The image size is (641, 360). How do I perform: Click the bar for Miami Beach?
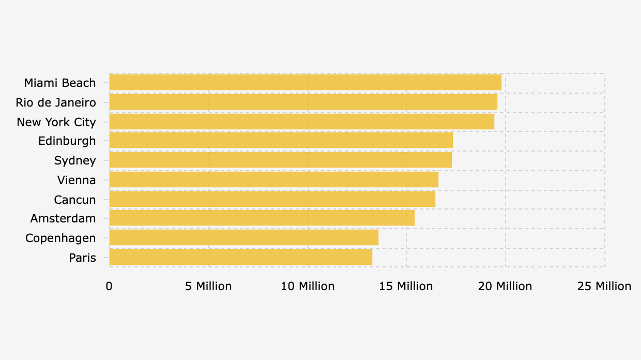pos(306,83)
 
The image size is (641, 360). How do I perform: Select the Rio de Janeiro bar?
pos(303,102)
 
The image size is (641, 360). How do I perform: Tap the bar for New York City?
pos(302,122)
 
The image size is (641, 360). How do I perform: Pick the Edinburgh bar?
pos(281,141)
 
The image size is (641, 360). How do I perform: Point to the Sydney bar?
pos(281,160)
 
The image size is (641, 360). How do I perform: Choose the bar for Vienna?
pos(274,179)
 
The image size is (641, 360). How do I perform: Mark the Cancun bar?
pos(272,199)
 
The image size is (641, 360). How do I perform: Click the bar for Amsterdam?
pos(262,218)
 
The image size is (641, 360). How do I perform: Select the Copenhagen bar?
pos(244,238)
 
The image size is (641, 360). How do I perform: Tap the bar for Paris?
pos(241,257)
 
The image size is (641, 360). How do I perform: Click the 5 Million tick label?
pos(208,287)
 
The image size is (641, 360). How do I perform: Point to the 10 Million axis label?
pos(308,287)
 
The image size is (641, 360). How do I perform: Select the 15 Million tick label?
pos(406,287)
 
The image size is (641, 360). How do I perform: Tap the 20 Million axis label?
pos(505,287)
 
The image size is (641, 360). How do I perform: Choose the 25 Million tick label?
pos(604,287)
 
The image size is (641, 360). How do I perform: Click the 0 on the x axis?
pos(109,287)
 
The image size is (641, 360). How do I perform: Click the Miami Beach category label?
pos(60,83)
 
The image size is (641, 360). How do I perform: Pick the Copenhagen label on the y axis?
pos(60,238)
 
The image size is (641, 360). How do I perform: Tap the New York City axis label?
pos(56,122)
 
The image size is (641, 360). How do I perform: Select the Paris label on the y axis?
pos(83,258)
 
